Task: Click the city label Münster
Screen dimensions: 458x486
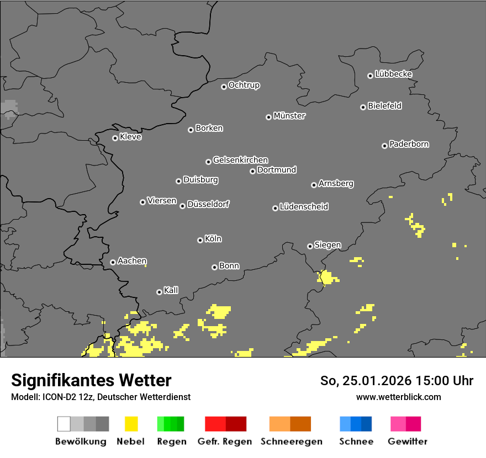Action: point(289,116)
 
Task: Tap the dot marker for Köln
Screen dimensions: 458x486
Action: point(200,240)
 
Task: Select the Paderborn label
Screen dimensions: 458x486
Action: point(409,144)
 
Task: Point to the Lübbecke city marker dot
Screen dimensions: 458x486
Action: point(370,76)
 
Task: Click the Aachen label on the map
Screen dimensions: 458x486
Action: point(132,261)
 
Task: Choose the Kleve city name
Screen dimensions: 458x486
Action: point(130,137)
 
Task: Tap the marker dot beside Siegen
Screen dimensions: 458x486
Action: point(310,246)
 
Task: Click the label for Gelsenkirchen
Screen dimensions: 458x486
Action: point(240,160)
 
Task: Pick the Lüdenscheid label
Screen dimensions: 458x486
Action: point(304,207)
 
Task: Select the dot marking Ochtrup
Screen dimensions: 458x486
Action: point(224,86)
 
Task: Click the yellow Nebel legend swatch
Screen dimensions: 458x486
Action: point(131,424)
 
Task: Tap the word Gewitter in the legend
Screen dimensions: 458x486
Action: point(408,441)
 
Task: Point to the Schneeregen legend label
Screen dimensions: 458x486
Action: point(290,441)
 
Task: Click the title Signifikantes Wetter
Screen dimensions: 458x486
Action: point(91,380)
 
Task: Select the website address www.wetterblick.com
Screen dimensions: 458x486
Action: point(398,397)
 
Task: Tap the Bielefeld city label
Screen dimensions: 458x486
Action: point(385,106)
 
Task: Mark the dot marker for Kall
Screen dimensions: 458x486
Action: point(159,292)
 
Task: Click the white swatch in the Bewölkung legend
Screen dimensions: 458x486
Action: point(64,424)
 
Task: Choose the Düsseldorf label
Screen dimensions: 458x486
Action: point(208,204)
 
